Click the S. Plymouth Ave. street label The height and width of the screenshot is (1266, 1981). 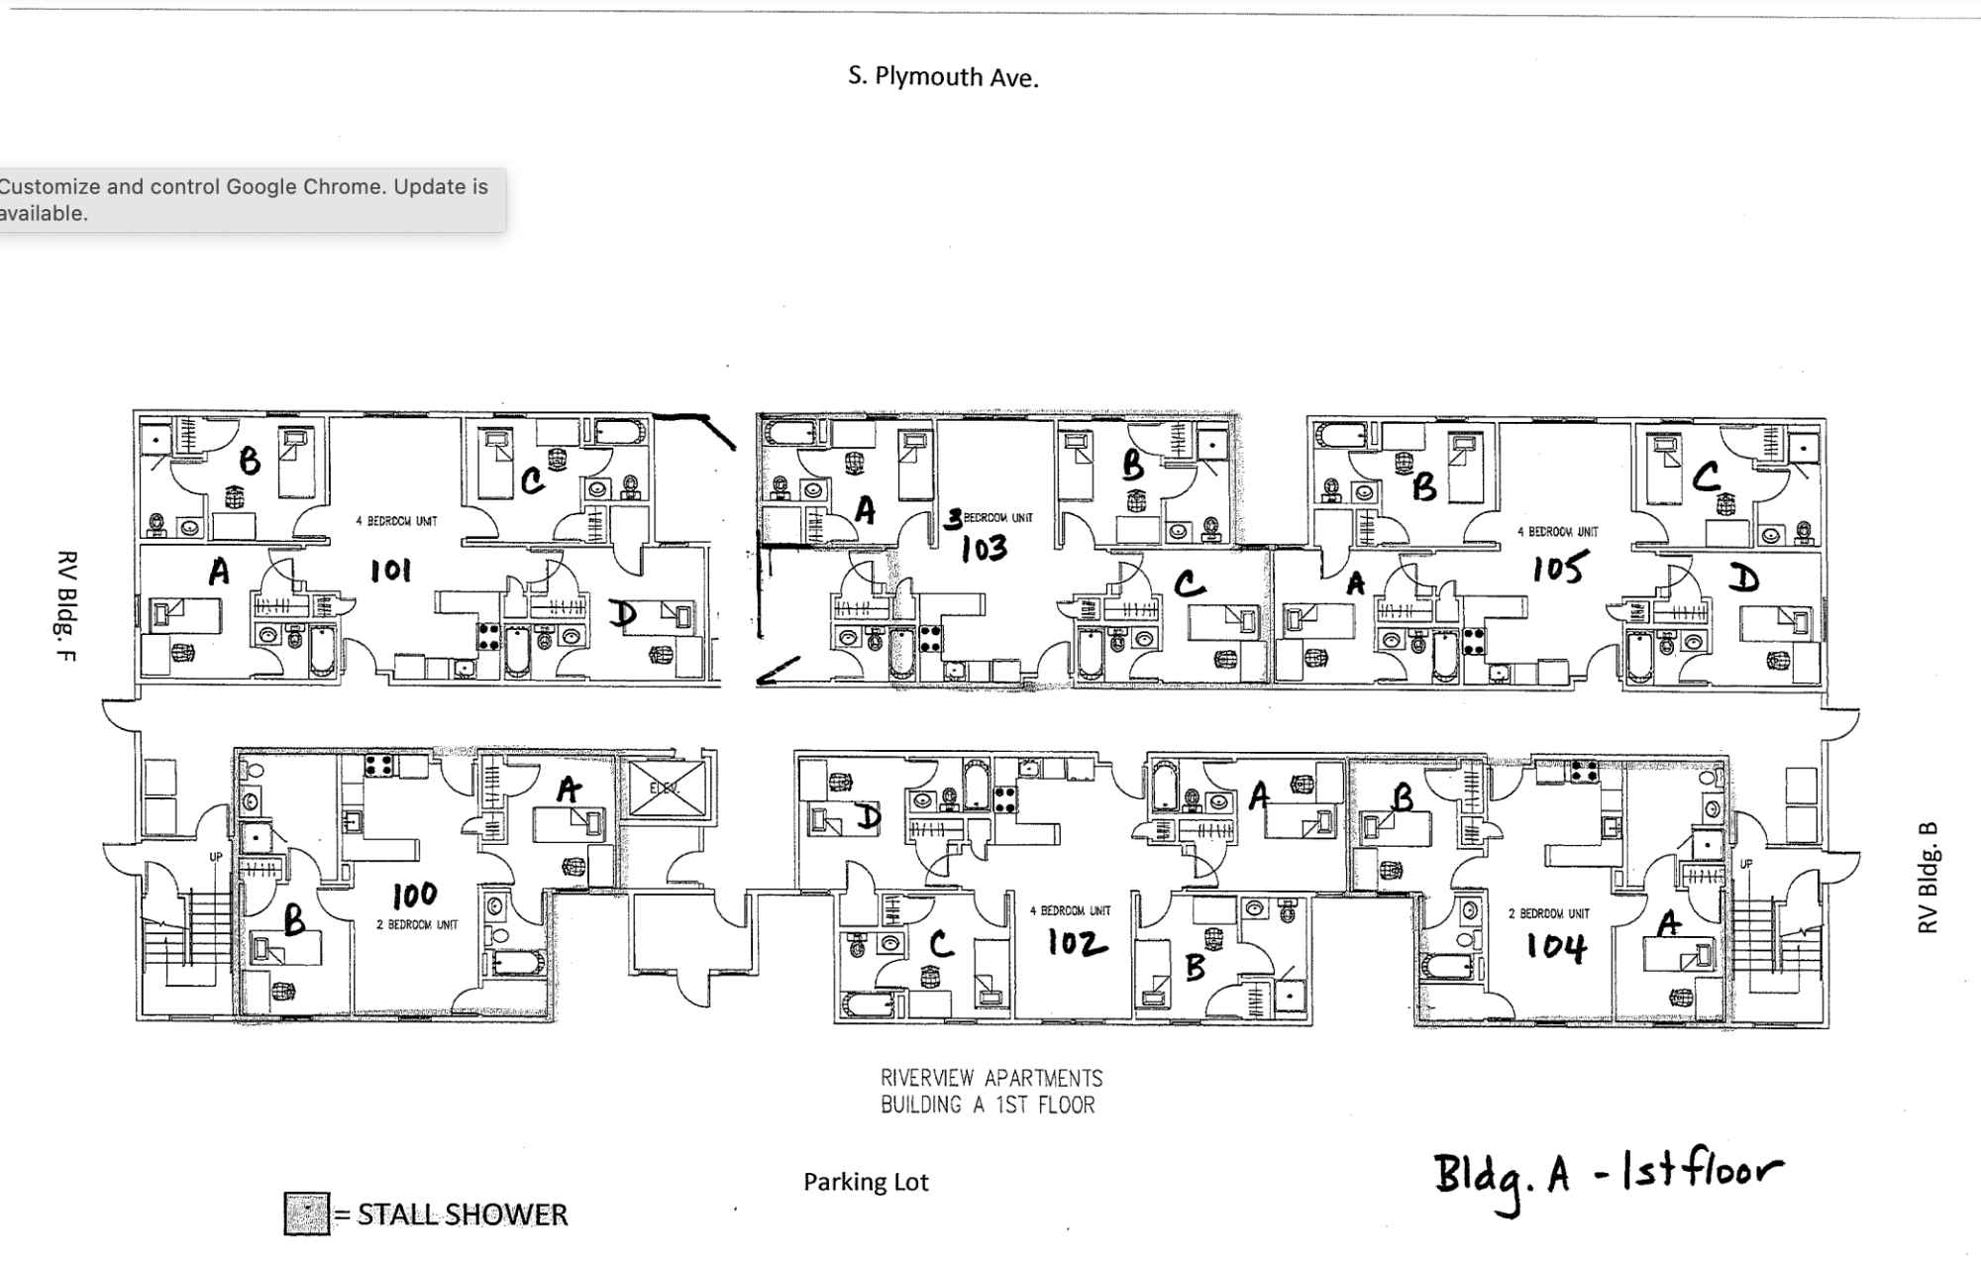coord(943,77)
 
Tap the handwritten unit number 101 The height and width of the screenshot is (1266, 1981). coord(390,571)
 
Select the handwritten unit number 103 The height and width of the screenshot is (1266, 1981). coord(984,549)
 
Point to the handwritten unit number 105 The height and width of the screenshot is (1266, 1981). coord(1560,569)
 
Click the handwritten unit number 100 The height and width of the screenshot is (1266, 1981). coord(414,896)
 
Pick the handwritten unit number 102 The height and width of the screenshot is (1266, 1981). coord(1078,943)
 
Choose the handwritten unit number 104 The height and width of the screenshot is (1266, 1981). coord(1556,947)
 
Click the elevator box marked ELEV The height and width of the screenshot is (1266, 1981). coord(667,789)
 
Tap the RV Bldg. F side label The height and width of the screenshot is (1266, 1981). coord(66,606)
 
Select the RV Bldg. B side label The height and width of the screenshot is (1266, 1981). coord(1928,878)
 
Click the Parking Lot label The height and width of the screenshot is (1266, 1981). coord(866,1182)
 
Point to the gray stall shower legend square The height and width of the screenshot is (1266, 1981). coord(306,1213)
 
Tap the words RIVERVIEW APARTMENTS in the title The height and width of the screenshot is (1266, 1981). coord(991,1078)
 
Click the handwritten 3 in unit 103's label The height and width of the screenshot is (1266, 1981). coord(953,518)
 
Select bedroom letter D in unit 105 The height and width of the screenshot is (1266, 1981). coord(1743,579)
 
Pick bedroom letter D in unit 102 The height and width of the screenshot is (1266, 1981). coord(868,817)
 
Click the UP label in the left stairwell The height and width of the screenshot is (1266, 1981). coord(215,857)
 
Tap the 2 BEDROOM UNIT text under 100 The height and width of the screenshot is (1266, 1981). coord(417,925)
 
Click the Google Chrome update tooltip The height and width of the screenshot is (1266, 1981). coord(248,200)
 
